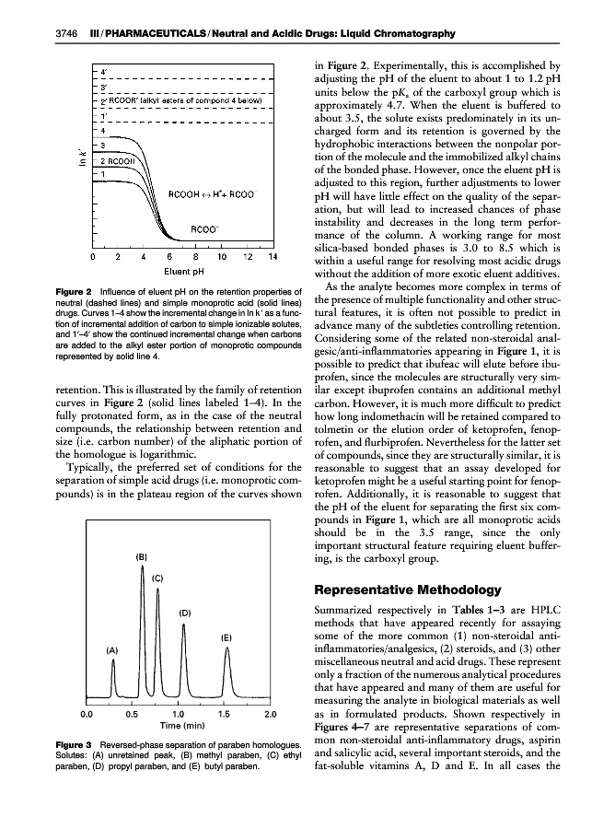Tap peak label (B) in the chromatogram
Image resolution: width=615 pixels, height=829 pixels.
tap(142, 557)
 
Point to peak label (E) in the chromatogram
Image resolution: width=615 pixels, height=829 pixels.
tap(226, 637)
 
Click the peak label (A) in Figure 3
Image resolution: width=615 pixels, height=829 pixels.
tap(112, 650)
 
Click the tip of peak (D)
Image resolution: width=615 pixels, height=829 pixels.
tap(184, 625)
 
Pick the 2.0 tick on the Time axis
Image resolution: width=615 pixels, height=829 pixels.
tap(271, 713)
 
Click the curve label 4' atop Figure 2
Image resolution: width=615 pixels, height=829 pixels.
tap(104, 70)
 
